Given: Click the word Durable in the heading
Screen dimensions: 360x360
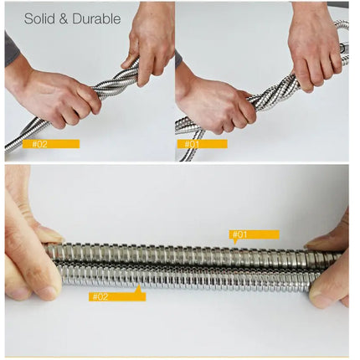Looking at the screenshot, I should (95, 18).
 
